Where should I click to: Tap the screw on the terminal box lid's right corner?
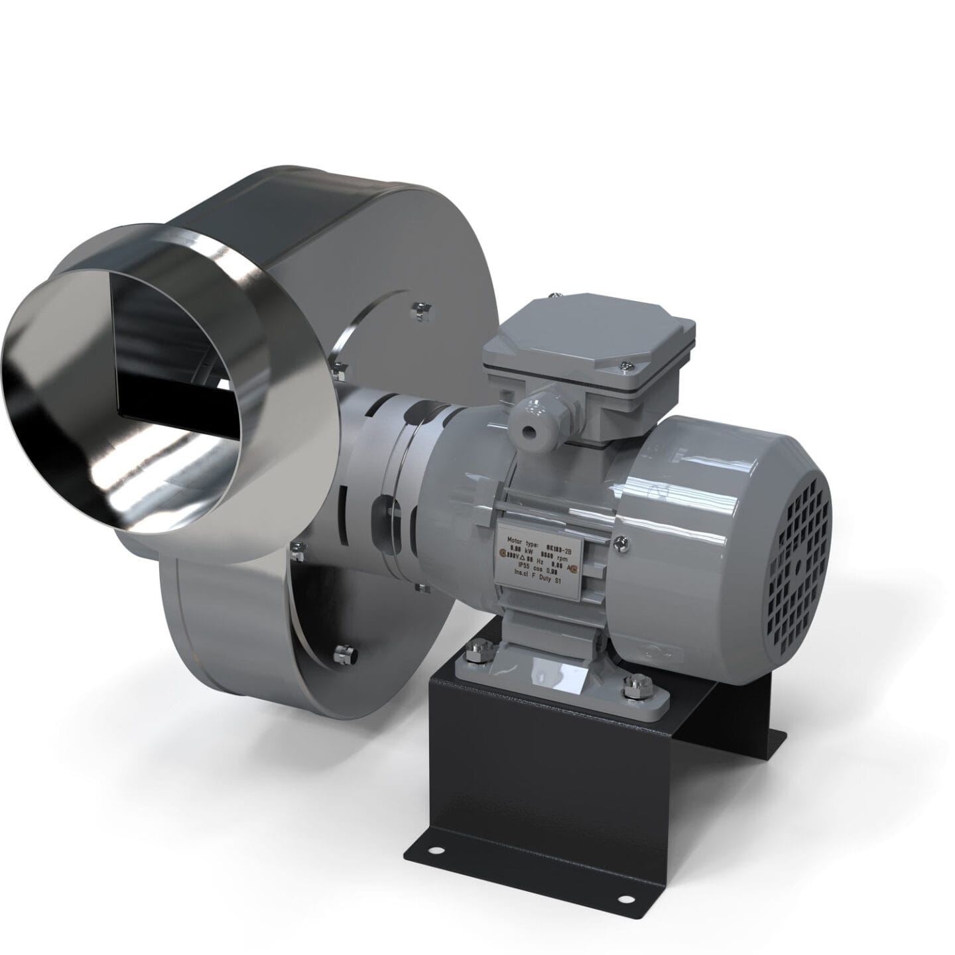(626, 363)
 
